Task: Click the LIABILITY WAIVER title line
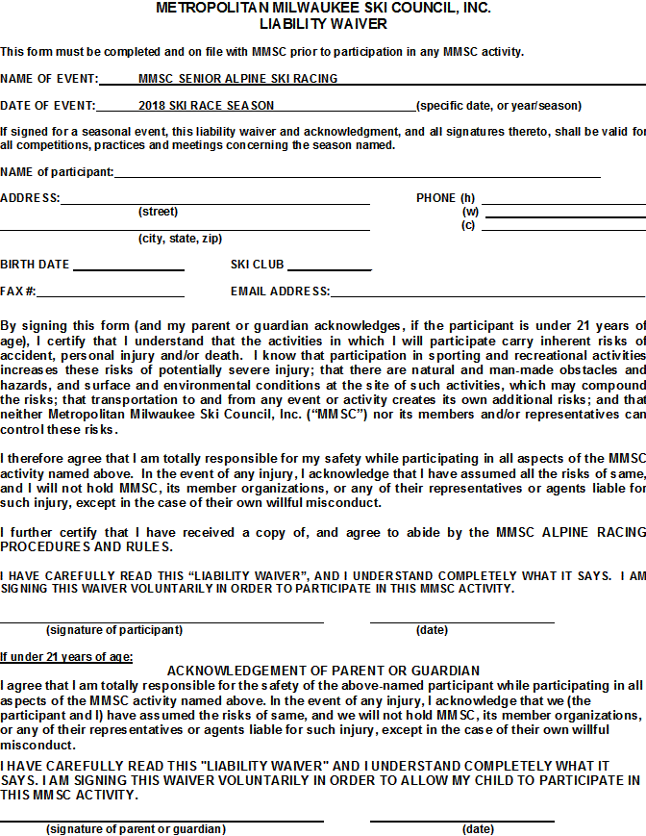[x=323, y=23]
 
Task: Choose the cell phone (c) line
[x=563, y=228]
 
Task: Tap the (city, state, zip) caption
[x=180, y=239]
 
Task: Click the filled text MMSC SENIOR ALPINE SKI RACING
[x=237, y=79]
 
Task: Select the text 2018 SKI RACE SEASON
[x=206, y=106]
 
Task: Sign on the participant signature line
[x=161, y=621]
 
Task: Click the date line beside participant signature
[x=461, y=621]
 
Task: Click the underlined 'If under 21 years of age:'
[x=66, y=657]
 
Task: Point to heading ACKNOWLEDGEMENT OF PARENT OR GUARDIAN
[x=323, y=671]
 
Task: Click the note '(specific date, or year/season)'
[x=498, y=106]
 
